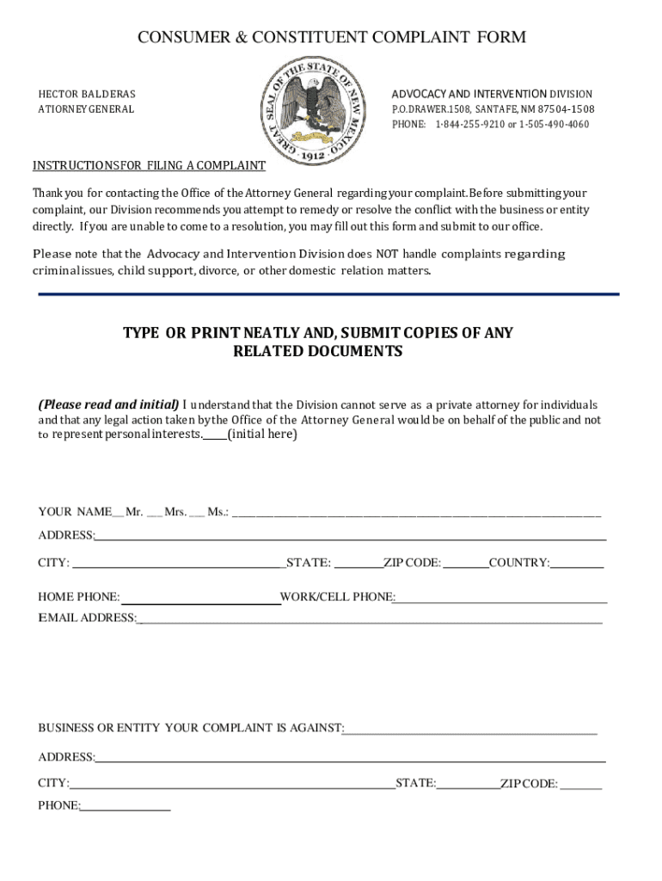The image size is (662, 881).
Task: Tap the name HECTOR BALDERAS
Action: (x=87, y=94)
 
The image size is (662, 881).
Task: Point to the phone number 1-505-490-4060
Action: (x=555, y=125)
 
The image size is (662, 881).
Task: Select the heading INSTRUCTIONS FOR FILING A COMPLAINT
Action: (x=149, y=166)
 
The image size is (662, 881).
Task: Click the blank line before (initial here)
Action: (x=215, y=436)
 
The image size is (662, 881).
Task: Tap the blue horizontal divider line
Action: (x=328, y=294)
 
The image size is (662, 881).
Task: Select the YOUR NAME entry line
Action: (x=416, y=514)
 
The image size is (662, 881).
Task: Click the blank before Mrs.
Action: (x=154, y=514)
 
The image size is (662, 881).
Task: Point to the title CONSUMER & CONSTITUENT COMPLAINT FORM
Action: (x=332, y=37)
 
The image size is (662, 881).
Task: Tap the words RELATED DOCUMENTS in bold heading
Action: (x=317, y=352)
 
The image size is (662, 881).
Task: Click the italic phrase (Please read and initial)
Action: (x=109, y=404)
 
